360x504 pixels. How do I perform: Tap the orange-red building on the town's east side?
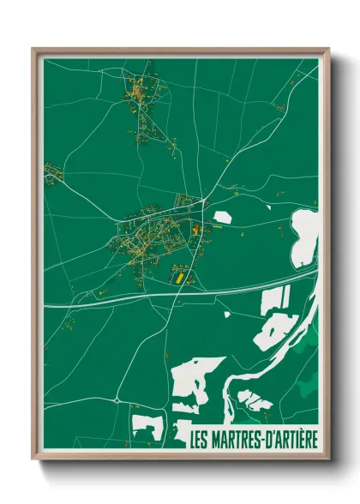(195, 230)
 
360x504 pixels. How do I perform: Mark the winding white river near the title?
(230, 386)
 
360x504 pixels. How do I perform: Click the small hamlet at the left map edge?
(53, 174)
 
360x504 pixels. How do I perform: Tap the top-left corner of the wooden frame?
(33, 49)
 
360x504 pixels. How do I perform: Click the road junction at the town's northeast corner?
(204, 201)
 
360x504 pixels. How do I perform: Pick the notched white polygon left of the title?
(146, 426)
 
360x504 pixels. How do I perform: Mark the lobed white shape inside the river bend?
(255, 399)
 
